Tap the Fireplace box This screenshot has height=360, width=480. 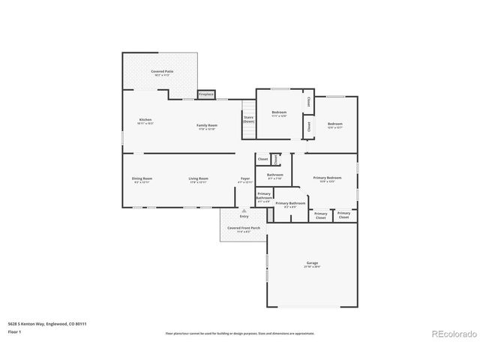[x=206, y=94]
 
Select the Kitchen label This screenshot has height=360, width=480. [x=145, y=121]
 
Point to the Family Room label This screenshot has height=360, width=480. [x=207, y=126]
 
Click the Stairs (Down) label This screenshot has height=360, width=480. [x=249, y=118]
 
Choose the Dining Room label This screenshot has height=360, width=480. [x=142, y=180]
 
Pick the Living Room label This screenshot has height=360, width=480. [x=199, y=180]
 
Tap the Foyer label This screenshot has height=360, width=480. [x=245, y=180]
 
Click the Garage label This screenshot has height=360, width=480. [x=312, y=264]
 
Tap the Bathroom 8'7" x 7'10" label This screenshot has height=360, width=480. [x=274, y=176]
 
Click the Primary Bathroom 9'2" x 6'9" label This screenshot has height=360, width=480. [x=290, y=205]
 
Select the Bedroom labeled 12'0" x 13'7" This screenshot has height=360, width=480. [x=334, y=124]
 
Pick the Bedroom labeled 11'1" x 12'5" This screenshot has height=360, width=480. [x=279, y=114]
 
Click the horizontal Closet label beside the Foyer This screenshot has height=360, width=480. [x=262, y=159]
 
